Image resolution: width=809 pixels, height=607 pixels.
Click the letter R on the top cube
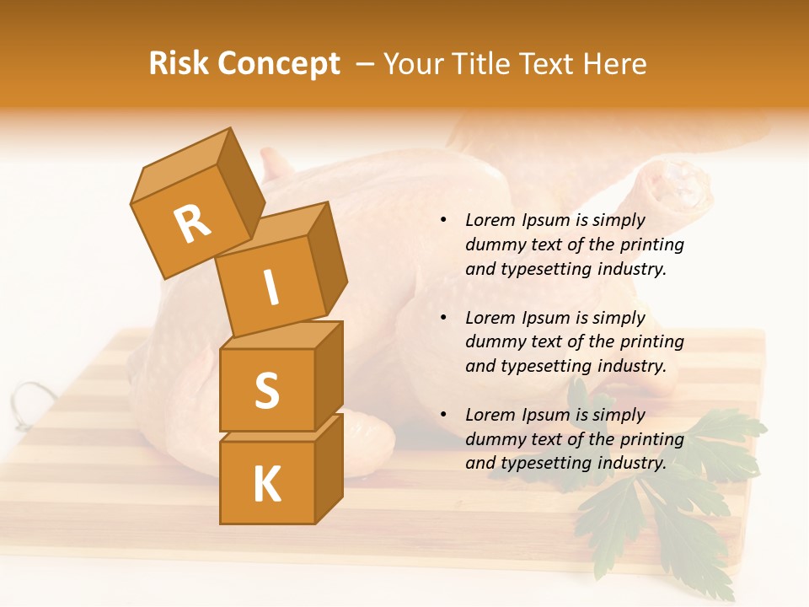pyautogui.click(x=192, y=224)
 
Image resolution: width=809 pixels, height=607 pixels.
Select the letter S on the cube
pyautogui.click(x=266, y=391)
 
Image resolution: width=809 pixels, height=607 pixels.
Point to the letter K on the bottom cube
pyautogui.click(x=266, y=485)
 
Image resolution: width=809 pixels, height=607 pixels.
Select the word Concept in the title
pyautogui.click(x=279, y=64)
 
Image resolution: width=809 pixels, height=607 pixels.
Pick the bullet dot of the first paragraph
pyautogui.click(x=443, y=220)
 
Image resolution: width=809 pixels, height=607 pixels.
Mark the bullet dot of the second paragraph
pyautogui.click(x=443, y=318)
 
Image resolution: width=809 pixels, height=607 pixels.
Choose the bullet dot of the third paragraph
pyautogui.click(x=443, y=415)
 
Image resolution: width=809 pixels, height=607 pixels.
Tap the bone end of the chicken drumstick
pyautogui.click(x=678, y=181)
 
